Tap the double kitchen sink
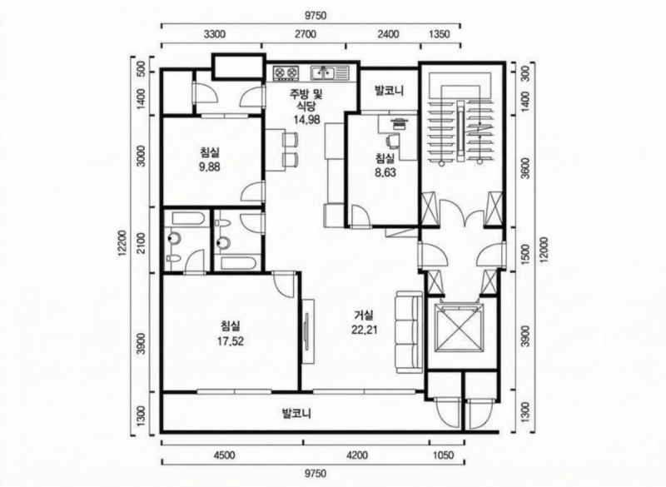[330, 72]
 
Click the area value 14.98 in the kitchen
[306, 120]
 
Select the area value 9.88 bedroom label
[210, 166]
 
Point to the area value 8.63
[385, 173]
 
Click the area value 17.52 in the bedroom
[231, 341]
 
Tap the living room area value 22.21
[365, 330]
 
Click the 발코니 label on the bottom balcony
[296, 413]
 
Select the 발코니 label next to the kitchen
[389, 91]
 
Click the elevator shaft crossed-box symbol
[455, 327]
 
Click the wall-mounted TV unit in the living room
[307, 331]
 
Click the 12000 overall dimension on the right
[544, 250]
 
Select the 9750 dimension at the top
[316, 16]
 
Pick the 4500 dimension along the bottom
[224, 455]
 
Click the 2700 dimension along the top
[305, 34]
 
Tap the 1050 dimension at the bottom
[443, 455]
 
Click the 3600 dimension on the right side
[525, 168]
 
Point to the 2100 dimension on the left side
[142, 242]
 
